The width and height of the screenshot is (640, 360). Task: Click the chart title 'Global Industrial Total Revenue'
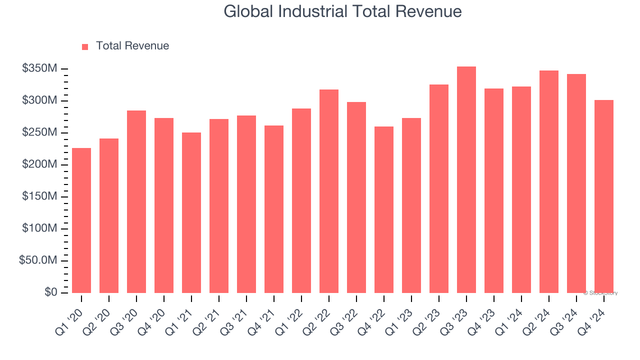[x=342, y=11]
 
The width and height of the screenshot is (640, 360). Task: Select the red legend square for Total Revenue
[x=85, y=46]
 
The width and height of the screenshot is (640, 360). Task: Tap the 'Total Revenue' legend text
[x=132, y=46]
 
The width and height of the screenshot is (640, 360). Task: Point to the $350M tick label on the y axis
[x=39, y=68]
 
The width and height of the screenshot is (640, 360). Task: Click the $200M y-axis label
[x=39, y=164]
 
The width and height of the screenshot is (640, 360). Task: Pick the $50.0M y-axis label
[x=38, y=260]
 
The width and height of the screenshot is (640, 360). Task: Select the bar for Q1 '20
[x=81, y=220]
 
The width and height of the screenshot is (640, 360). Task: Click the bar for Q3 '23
[x=466, y=179]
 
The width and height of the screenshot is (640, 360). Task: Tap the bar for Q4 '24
[x=604, y=196]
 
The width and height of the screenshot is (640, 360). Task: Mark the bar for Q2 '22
[x=329, y=191]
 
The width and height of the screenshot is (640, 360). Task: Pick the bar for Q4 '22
[x=384, y=209]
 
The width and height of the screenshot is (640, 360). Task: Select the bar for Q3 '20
[x=136, y=201]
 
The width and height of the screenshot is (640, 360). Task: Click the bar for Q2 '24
[x=549, y=181]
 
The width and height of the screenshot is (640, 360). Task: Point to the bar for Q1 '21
[x=191, y=212]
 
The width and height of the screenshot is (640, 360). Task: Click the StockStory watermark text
[x=600, y=293]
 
